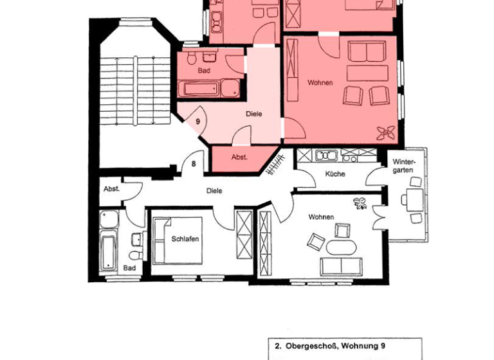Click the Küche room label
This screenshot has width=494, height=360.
(335, 174)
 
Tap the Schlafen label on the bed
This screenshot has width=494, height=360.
(185, 239)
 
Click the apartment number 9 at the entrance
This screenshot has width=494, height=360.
(198, 121)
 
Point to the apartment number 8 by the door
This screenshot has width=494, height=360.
(193, 165)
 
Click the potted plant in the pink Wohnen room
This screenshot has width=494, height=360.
(387, 132)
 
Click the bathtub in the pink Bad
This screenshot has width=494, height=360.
(210, 89)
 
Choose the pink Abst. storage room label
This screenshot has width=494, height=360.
(240, 157)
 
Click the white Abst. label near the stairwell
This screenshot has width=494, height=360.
(111, 189)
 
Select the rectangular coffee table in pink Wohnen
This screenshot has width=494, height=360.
(367, 72)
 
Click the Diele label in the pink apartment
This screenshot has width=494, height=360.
(254, 114)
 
